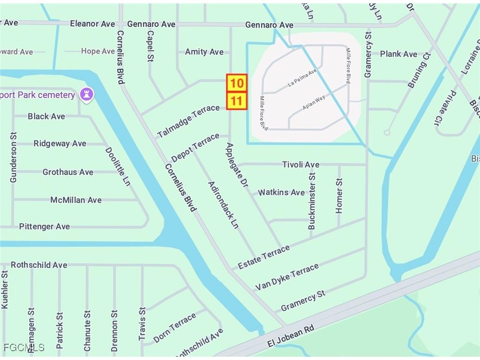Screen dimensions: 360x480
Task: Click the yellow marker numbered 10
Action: [x=237, y=83]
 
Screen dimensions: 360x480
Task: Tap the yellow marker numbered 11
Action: [x=237, y=101]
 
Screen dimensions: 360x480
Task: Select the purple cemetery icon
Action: [x=86, y=95]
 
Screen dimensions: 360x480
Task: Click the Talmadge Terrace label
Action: [x=188, y=121]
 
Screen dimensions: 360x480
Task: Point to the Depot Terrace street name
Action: [x=195, y=148]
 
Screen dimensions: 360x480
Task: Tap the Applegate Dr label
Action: [x=237, y=165]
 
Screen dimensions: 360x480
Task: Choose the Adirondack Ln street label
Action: [x=224, y=205]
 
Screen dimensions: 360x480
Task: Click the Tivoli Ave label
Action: [x=301, y=164]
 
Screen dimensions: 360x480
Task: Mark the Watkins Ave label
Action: [x=281, y=192]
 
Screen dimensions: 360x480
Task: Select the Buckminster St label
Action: [x=312, y=200]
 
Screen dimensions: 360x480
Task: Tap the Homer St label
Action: [x=339, y=196]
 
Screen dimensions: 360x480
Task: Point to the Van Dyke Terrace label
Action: [x=287, y=277]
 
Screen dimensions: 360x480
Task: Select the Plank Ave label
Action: [x=398, y=54]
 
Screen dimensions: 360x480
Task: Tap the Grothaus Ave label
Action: [x=68, y=172]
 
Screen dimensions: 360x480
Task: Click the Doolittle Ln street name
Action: [x=118, y=167]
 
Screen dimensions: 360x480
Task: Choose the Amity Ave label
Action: [x=204, y=52]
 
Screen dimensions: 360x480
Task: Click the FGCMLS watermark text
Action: [x=24, y=347]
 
